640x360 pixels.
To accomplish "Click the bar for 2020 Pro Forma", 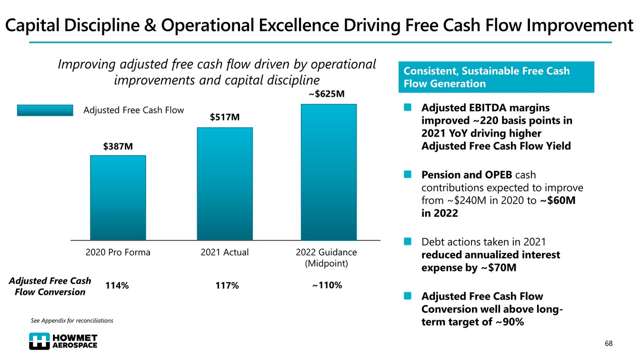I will [x=118, y=198].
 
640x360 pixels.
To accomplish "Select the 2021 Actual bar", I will [x=225, y=184].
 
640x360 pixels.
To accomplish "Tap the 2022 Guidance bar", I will [x=329, y=172].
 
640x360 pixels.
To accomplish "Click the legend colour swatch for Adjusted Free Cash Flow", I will [x=45, y=110].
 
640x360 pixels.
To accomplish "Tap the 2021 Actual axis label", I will [x=225, y=252].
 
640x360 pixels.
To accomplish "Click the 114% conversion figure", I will [x=117, y=286].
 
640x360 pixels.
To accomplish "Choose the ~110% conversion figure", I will [x=327, y=285].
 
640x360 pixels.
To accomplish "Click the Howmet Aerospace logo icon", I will [x=39, y=341].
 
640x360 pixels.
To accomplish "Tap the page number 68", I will [x=609, y=343].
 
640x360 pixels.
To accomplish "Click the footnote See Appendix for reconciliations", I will [x=72, y=320].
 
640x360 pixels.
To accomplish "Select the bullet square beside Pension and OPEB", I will [x=408, y=175].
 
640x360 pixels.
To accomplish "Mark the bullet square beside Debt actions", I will [x=408, y=242].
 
